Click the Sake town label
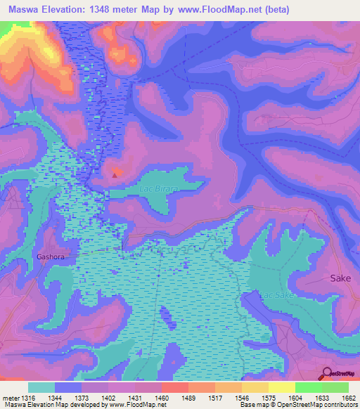tap(340, 278)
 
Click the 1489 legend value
tap(188, 398)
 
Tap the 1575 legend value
tap(268, 398)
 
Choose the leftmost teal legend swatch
tap(41, 387)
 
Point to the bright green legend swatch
tap(308, 387)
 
